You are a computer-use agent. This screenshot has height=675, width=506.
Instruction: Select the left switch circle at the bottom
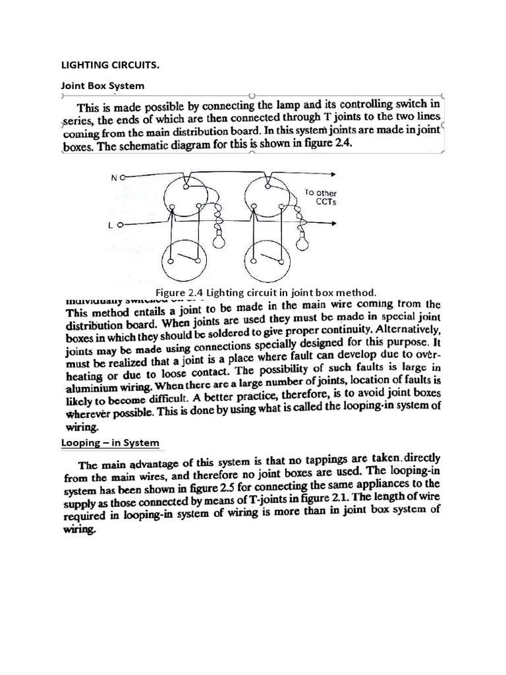tap(184, 258)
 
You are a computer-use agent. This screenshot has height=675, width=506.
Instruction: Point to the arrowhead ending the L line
tap(335, 224)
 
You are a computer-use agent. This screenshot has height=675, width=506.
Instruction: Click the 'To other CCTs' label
tap(321, 197)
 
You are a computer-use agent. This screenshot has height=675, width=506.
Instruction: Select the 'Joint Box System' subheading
tap(102, 86)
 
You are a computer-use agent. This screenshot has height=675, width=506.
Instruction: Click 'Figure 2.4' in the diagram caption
tap(178, 292)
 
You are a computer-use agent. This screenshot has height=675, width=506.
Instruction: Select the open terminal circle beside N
tap(123, 177)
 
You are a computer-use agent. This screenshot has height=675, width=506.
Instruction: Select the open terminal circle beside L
tap(121, 225)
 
